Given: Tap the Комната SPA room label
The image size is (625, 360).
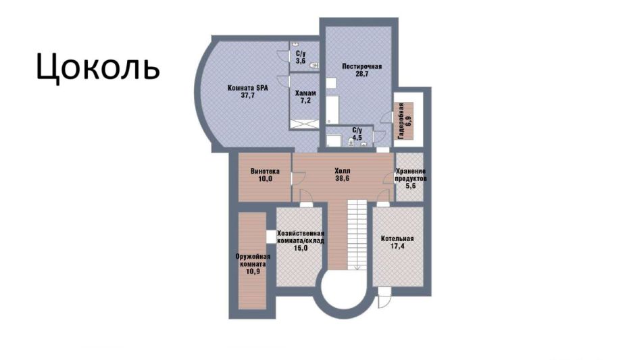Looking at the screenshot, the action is click(247, 88).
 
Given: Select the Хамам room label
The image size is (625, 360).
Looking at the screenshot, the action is click(305, 93).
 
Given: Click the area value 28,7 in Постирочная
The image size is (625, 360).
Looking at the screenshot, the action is click(361, 74).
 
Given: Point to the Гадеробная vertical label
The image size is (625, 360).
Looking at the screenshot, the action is click(401, 121).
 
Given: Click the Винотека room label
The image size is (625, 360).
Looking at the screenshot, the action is click(265, 172).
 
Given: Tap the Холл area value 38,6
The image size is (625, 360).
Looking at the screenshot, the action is click(342, 178).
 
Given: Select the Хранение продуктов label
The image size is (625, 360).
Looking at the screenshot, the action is click(411, 175).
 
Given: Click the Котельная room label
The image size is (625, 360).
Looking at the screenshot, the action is click(397, 239).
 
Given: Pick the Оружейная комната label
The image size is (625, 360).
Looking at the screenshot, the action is click(253, 261).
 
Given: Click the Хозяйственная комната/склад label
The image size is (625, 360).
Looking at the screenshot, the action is click(301, 237).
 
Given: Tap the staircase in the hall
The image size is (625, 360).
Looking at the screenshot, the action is click(357, 234).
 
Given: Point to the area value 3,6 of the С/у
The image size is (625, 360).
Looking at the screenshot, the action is click(301, 61).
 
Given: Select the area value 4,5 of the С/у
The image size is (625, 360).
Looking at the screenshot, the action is click(357, 137).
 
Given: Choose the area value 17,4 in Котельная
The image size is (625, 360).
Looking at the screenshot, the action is click(397, 246).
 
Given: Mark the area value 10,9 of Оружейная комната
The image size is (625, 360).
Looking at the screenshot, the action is click(253, 272).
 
